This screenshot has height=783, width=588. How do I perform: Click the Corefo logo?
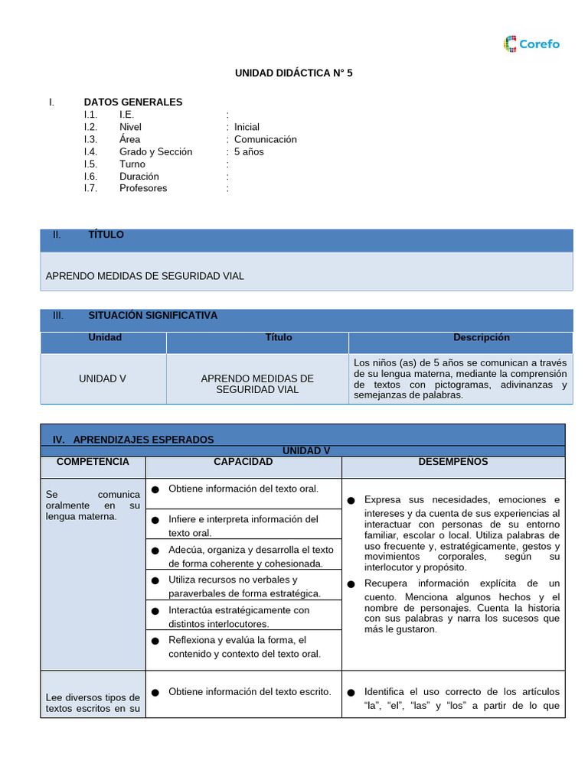click(531, 44)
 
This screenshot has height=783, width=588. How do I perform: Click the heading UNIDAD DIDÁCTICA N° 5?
click(293, 73)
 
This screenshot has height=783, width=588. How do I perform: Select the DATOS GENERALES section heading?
click(133, 102)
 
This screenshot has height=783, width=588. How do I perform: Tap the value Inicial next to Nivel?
click(247, 127)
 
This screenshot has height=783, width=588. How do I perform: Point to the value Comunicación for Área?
click(265, 139)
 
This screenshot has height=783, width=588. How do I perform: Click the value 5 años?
click(249, 151)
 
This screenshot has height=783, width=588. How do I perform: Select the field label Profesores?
click(143, 188)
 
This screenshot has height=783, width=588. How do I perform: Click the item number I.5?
click(91, 164)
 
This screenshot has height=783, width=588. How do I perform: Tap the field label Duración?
click(139, 176)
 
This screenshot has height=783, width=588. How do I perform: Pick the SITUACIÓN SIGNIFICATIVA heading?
click(152, 315)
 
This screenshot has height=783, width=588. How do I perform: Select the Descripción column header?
click(481, 337)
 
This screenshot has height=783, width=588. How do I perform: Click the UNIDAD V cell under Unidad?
click(103, 379)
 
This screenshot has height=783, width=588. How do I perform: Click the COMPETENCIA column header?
click(93, 462)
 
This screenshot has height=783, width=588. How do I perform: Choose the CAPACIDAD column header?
click(243, 462)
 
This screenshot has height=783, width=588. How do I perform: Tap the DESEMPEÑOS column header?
click(453, 462)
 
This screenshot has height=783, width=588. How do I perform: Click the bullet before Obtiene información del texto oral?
click(155, 489)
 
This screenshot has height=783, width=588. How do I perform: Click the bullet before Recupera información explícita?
click(351, 584)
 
